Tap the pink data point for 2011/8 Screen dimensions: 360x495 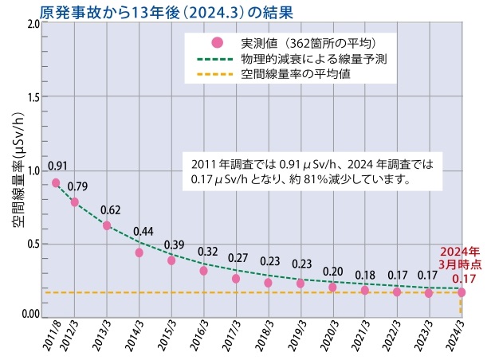pyautogui.click(x=56, y=182)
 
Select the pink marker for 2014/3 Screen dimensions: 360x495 pyautogui.click(x=139, y=252)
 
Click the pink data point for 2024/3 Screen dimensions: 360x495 pyautogui.click(x=461, y=292)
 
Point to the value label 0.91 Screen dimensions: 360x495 pyautogui.click(x=57, y=166)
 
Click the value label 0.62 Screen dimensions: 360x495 pyautogui.click(x=111, y=209)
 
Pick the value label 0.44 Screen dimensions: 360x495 pyautogui.click(x=143, y=232)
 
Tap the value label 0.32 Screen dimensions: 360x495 pyautogui.click(x=207, y=252)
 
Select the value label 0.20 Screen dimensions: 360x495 pyautogui.click(x=333, y=271)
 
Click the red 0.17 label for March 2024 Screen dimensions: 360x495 pyautogui.click(x=464, y=278)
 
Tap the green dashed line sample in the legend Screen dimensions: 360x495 pyautogui.click(x=216, y=59)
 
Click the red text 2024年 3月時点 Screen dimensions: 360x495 pyautogui.click(x=462, y=255)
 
